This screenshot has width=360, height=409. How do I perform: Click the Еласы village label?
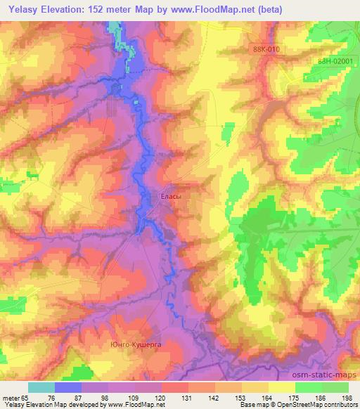point(172,197)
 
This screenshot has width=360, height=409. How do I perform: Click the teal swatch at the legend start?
point(41,387)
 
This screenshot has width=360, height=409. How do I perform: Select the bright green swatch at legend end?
point(335,387)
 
